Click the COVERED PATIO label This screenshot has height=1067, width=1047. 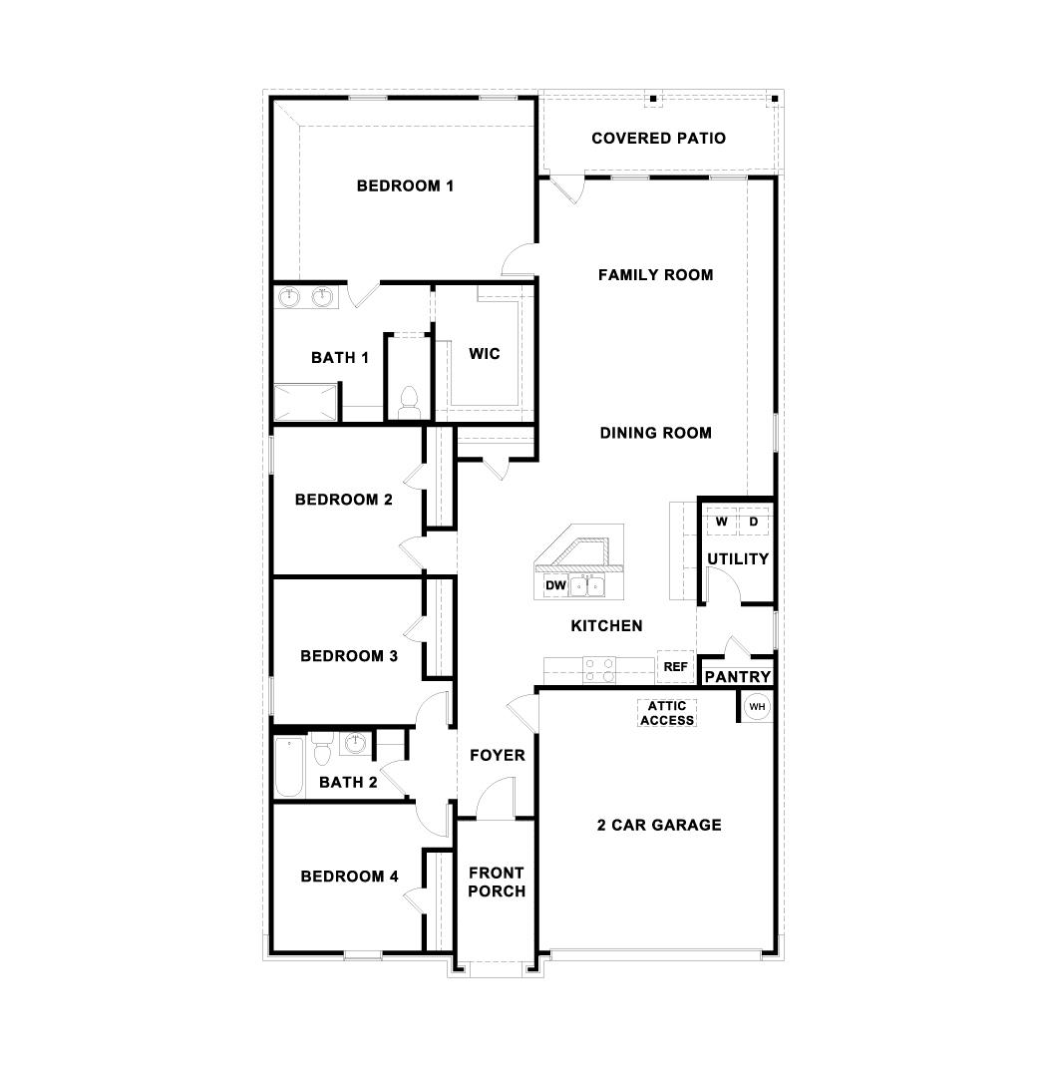coord(658,139)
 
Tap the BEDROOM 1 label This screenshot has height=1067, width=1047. coord(405,186)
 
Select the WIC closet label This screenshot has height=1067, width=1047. coord(485,354)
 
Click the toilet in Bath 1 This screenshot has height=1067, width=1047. coord(407,402)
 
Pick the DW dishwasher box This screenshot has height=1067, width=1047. coord(555,585)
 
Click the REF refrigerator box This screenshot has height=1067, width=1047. coord(676,666)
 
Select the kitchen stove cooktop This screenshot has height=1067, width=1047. coord(599,668)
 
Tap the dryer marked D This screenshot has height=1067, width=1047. coord(754,522)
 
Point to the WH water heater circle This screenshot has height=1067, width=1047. coord(757,707)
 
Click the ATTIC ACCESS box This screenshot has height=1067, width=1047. coord(667,713)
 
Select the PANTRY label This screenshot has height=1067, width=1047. coord(737,677)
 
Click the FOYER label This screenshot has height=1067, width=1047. coord(497,756)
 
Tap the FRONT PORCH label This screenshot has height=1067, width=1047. coord(496,883)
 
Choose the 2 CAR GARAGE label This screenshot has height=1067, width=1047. coord(658,826)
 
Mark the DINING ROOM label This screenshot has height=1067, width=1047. coord(655,433)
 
